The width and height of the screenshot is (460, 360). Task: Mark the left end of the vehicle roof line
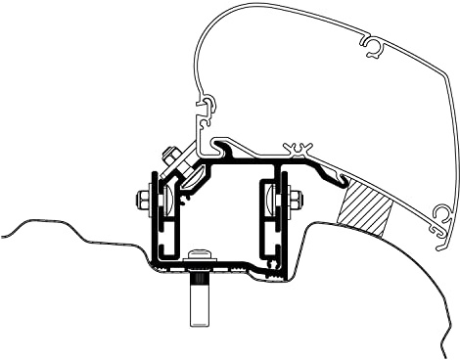(4, 234)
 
